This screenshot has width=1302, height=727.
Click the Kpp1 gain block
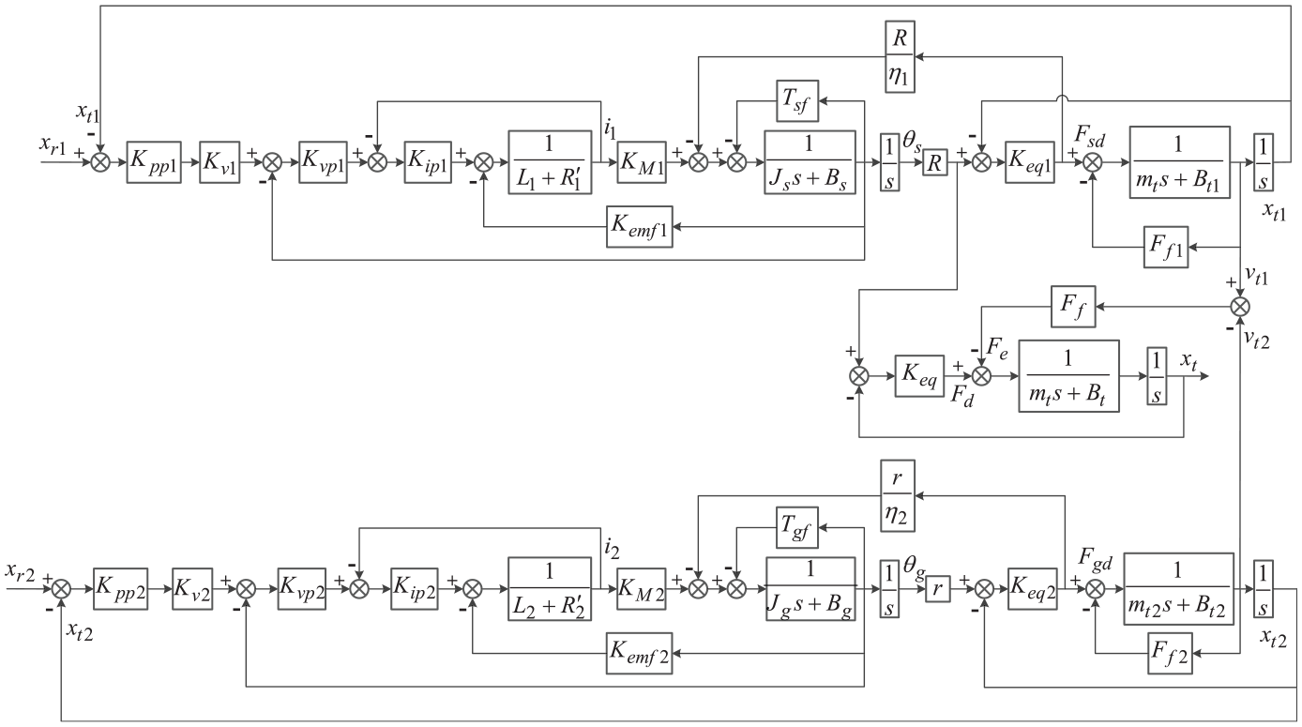point(154,162)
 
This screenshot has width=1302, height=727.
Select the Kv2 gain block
point(192,589)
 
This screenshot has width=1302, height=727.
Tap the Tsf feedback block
point(797,101)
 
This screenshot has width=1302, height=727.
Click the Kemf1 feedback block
point(640,227)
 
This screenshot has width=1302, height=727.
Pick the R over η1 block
point(900,56)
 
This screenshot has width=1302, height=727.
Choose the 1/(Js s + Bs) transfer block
point(810,162)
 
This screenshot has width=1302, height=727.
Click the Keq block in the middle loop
point(919,376)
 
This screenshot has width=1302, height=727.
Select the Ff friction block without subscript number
point(1073,306)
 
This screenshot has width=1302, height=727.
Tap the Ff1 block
point(1166,247)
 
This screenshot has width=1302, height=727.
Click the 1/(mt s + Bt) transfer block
point(1068,376)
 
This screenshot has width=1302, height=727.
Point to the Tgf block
point(797,527)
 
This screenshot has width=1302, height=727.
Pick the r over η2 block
point(898,495)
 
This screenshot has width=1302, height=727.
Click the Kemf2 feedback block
point(640,653)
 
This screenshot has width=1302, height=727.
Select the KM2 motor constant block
point(641,589)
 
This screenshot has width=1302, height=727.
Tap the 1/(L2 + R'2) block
point(550,589)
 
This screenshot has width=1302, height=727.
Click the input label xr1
point(53,144)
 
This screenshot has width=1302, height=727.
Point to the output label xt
point(1189,361)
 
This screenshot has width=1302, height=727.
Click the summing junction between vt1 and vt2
point(1240,306)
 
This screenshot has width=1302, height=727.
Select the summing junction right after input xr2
point(61,589)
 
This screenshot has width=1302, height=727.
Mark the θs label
point(912,143)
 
